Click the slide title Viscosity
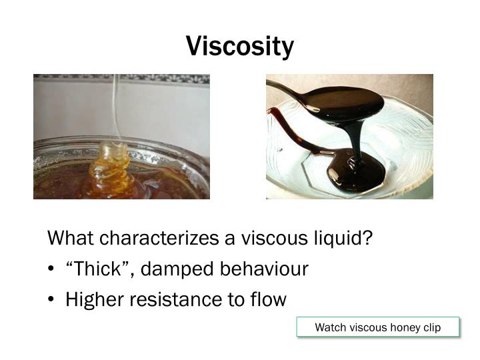[x=240, y=46]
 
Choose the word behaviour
[x=263, y=269]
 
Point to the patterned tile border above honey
[x=121, y=79]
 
